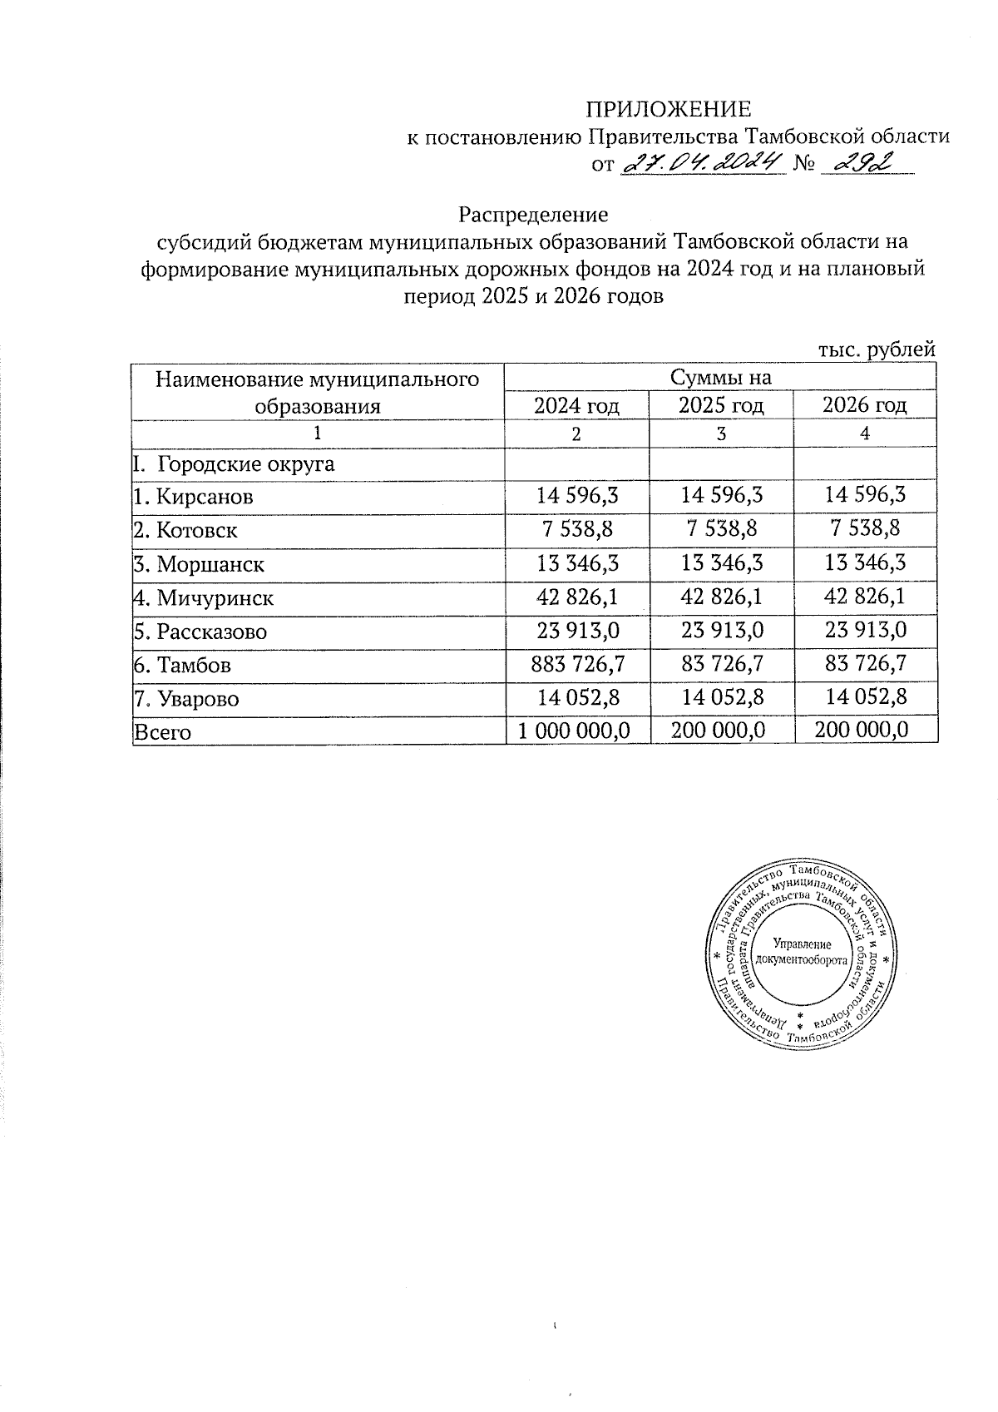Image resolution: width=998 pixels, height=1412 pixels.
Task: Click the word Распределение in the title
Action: pos(533,215)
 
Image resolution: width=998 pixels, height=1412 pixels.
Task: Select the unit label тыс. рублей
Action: pos(877,350)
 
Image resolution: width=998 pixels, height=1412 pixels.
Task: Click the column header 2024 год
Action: pos(577,406)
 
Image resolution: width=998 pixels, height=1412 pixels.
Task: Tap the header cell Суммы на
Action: pos(720,378)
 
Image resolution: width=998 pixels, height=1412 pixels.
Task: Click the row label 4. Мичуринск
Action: pos(204,598)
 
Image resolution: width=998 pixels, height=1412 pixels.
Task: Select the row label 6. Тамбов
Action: pos(182,666)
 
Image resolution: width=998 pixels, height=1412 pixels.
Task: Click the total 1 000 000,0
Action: pos(574,731)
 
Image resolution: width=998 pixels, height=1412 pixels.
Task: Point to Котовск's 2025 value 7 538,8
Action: pos(721,529)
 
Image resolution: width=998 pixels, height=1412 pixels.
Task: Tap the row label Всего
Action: pos(162,733)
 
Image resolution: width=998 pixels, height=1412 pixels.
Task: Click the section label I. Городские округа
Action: pos(233,463)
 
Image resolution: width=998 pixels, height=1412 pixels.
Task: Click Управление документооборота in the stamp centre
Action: pos(803,952)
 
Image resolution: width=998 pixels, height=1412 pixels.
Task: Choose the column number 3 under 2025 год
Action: pos(721,434)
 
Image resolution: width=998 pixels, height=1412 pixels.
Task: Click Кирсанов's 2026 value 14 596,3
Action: pos(865,495)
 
